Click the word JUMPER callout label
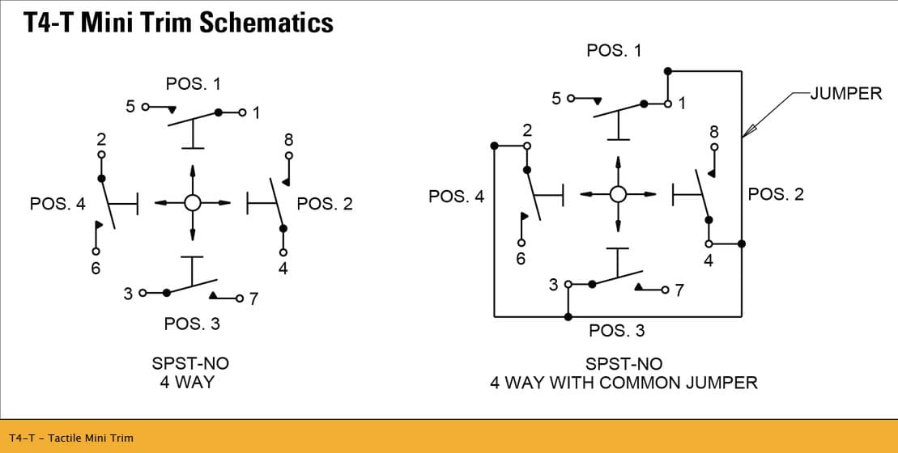click(x=846, y=94)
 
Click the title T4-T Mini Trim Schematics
click(x=178, y=23)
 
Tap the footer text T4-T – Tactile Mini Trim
click(x=71, y=438)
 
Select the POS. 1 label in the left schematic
click(x=193, y=83)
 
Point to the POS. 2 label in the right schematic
click(x=776, y=194)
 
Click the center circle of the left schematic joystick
click(x=193, y=202)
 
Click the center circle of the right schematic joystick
click(x=618, y=194)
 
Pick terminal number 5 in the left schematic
click(x=130, y=107)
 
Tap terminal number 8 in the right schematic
click(x=714, y=132)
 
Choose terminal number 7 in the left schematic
click(x=253, y=298)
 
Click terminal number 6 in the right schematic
click(x=521, y=259)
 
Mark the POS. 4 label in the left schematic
click(x=57, y=203)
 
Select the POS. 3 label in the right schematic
click(x=617, y=331)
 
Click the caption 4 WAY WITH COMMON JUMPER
click(x=623, y=382)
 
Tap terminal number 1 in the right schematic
click(x=682, y=104)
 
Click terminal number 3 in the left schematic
click(x=128, y=294)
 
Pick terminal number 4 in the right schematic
click(x=709, y=260)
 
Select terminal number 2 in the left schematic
click(x=101, y=140)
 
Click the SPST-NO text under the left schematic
click(x=190, y=363)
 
